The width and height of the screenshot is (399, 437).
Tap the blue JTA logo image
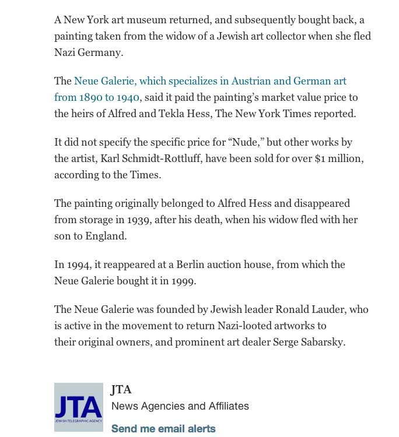click(x=79, y=407)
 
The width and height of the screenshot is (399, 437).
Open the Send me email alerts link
click(x=163, y=429)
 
